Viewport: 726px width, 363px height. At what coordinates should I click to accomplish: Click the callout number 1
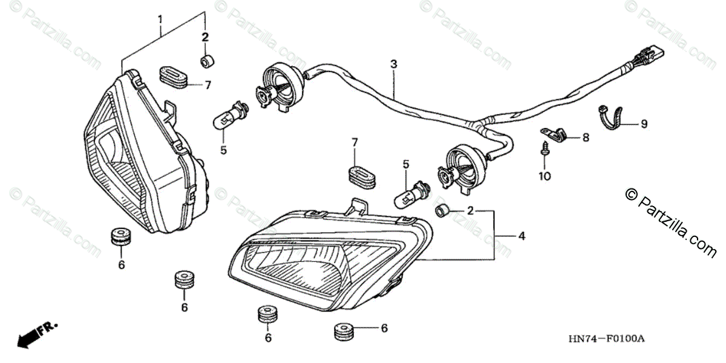pos(160,19)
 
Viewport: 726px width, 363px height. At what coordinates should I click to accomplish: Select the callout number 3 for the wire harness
pos(393,64)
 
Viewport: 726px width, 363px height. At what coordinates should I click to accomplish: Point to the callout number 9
pos(644,124)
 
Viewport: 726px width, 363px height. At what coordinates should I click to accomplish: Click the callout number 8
pos(586,138)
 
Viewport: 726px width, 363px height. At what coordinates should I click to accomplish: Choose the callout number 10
pos(544,176)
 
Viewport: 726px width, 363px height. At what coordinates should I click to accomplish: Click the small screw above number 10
pos(545,148)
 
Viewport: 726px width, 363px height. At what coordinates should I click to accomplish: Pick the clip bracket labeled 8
pos(552,133)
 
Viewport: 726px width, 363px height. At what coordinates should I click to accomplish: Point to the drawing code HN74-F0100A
pos(607,339)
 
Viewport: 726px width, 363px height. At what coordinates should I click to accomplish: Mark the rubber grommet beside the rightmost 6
pos(345,330)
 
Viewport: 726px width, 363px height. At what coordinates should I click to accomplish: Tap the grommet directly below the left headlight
pos(122,237)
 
